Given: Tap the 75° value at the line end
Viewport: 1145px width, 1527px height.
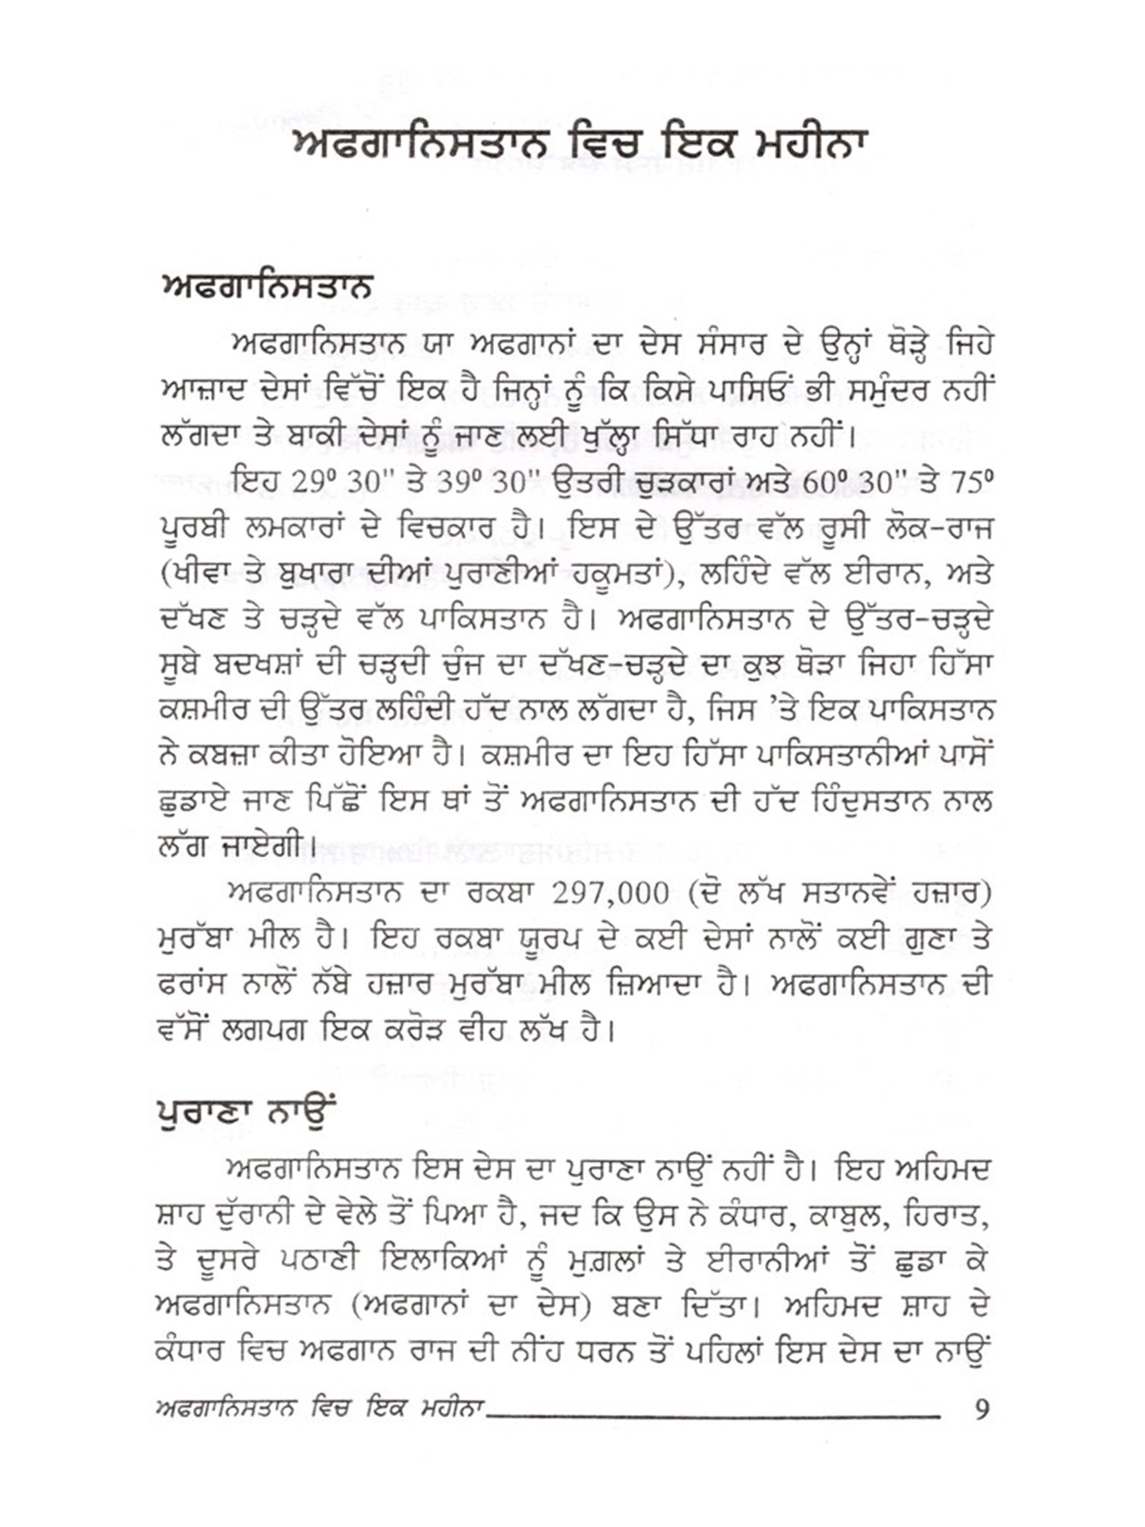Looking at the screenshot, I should [972, 482].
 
